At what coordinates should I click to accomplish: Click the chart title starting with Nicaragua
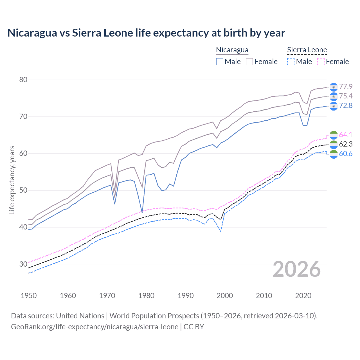pyautogui.click(x=146, y=33)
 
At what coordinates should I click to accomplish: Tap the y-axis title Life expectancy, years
pyautogui.click(x=12, y=180)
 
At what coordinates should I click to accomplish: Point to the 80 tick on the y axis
pyautogui.click(x=23, y=80)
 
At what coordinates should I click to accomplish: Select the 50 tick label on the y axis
pyautogui.click(x=23, y=190)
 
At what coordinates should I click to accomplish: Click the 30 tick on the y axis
pyautogui.click(x=23, y=264)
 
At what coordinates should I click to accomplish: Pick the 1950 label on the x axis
pyautogui.click(x=29, y=296)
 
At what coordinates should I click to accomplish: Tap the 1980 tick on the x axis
pyautogui.click(x=146, y=296)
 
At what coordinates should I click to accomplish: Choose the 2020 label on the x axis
pyautogui.click(x=303, y=296)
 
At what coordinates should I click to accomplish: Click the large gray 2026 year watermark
pyautogui.click(x=297, y=269)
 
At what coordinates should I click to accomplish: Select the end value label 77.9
pyautogui.click(x=346, y=87)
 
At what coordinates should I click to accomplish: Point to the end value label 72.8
pyautogui.click(x=346, y=105)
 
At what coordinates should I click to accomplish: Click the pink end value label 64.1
pyautogui.click(x=346, y=135)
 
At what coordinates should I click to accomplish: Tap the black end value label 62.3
pyautogui.click(x=346, y=144)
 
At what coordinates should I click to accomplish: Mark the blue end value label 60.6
pyautogui.click(x=346, y=154)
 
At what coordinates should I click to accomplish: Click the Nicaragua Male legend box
pyautogui.click(x=220, y=62)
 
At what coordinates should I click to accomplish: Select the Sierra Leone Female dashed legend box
pyautogui.click(x=321, y=62)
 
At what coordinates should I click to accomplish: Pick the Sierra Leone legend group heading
pyautogui.click(x=307, y=50)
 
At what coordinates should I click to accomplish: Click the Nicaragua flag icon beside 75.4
pyautogui.click(x=334, y=96)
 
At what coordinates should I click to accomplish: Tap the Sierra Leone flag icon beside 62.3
pyautogui.click(x=334, y=145)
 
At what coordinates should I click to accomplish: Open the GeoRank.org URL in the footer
pyautogui.click(x=94, y=327)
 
